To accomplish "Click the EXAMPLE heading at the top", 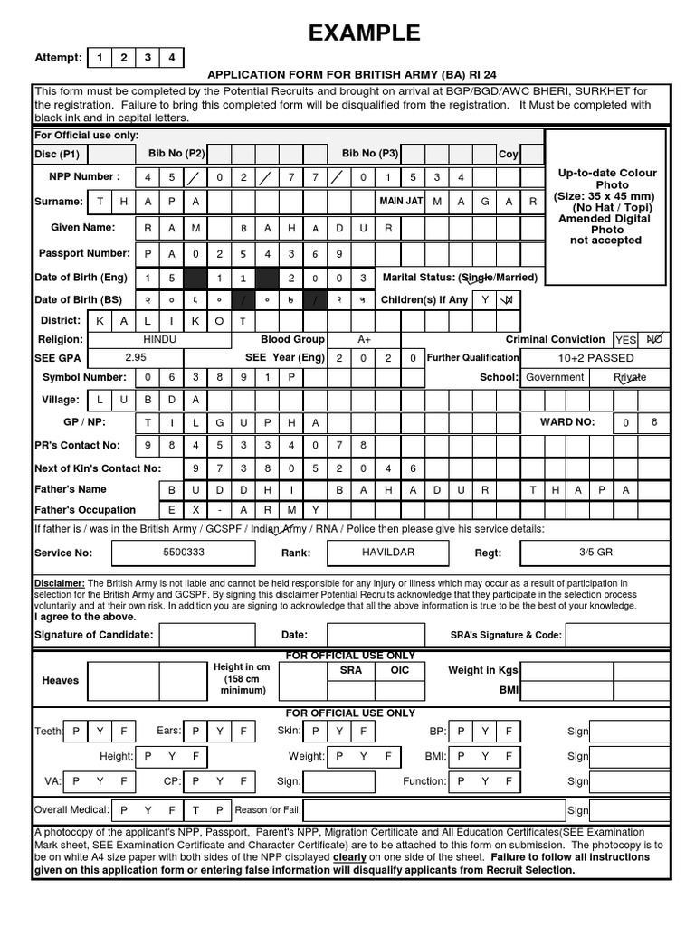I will click(365, 33).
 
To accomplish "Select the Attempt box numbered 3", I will click(147, 58).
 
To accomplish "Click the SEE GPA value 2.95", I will click(135, 357).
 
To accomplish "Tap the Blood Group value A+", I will click(364, 339).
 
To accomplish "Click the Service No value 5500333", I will click(183, 552).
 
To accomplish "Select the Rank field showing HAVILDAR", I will click(387, 552).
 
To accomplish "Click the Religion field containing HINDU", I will click(160, 339).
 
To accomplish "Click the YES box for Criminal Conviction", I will click(625, 340).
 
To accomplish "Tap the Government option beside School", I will click(555, 377).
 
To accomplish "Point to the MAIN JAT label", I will click(401, 201).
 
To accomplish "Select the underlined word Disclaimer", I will click(59, 583).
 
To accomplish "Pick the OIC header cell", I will click(399, 670).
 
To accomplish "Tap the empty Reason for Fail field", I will click(433, 810).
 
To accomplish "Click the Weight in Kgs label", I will click(483, 670).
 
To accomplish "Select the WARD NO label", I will click(567, 421).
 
